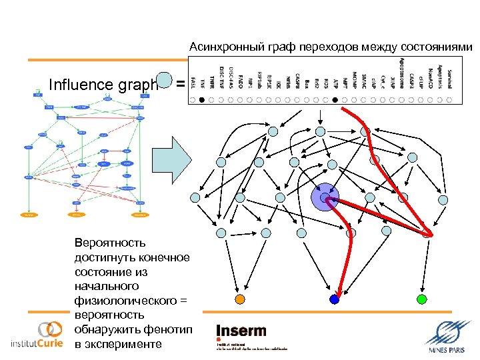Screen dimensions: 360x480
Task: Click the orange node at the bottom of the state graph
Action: click(x=241, y=298)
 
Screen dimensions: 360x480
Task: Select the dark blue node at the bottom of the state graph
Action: click(x=335, y=299)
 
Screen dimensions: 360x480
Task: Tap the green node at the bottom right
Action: click(x=421, y=297)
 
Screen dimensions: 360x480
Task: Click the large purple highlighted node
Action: click(x=325, y=197)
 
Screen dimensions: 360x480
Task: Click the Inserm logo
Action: click(x=241, y=331)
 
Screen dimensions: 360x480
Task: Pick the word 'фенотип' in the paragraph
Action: click(x=167, y=330)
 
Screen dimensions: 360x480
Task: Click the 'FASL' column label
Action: click(x=193, y=83)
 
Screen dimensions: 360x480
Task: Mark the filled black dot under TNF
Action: click(x=203, y=100)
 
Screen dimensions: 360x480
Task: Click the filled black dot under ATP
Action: click(x=335, y=100)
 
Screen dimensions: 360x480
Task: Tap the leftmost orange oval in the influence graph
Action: click(x=29, y=215)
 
